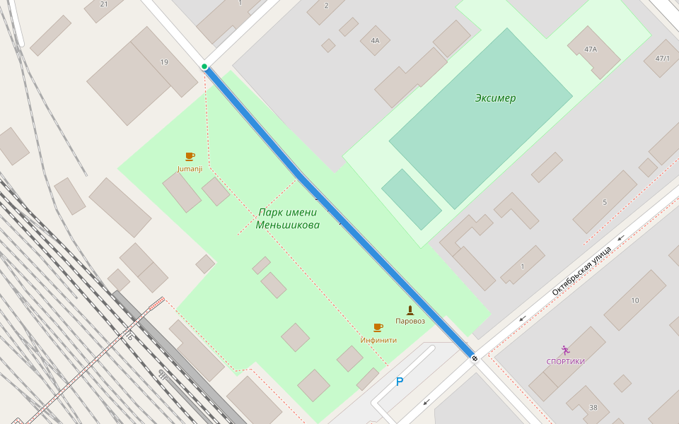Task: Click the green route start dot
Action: click(x=204, y=66)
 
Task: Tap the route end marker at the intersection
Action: click(x=475, y=359)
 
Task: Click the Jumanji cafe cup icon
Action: click(x=190, y=156)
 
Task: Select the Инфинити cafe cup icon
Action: click(x=378, y=327)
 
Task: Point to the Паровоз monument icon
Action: click(x=410, y=310)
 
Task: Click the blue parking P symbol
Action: click(x=400, y=382)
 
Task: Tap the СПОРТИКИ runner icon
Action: click(x=565, y=351)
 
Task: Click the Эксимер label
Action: click(x=495, y=98)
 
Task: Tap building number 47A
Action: click(x=591, y=49)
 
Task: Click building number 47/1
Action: click(x=663, y=58)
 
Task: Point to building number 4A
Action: click(x=375, y=41)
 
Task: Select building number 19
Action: click(x=164, y=62)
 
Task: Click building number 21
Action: click(x=104, y=4)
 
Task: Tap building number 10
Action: click(x=634, y=300)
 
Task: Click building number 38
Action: click(x=593, y=407)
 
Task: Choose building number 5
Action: click(x=604, y=202)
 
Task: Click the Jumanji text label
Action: click(x=190, y=169)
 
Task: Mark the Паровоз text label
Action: click(x=410, y=321)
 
